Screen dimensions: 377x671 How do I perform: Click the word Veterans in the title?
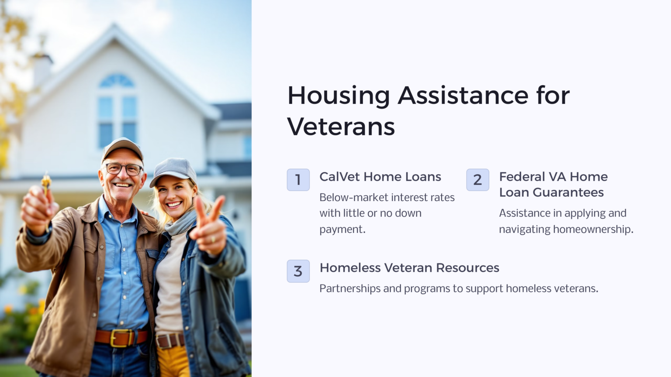pyautogui.click(x=341, y=127)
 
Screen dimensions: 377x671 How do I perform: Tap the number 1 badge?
pyautogui.click(x=298, y=180)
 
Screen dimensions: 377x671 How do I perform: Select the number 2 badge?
pyautogui.click(x=477, y=180)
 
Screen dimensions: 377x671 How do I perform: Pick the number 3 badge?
pyautogui.click(x=298, y=271)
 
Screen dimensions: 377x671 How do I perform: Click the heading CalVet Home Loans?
pyautogui.click(x=380, y=177)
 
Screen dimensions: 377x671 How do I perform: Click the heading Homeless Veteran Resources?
pyautogui.click(x=409, y=267)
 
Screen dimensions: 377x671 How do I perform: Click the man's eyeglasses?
pyautogui.click(x=124, y=168)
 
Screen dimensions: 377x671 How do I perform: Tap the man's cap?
pyautogui.click(x=123, y=147)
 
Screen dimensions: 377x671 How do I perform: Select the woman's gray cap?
pyautogui.click(x=174, y=169)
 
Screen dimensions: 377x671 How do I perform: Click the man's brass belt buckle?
pyautogui.click(x=119, y=338)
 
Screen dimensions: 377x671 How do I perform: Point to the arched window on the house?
pyautogui.click(x=117, y=81)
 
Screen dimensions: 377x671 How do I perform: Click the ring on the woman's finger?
pyautogui.click(x=213, y=239)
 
